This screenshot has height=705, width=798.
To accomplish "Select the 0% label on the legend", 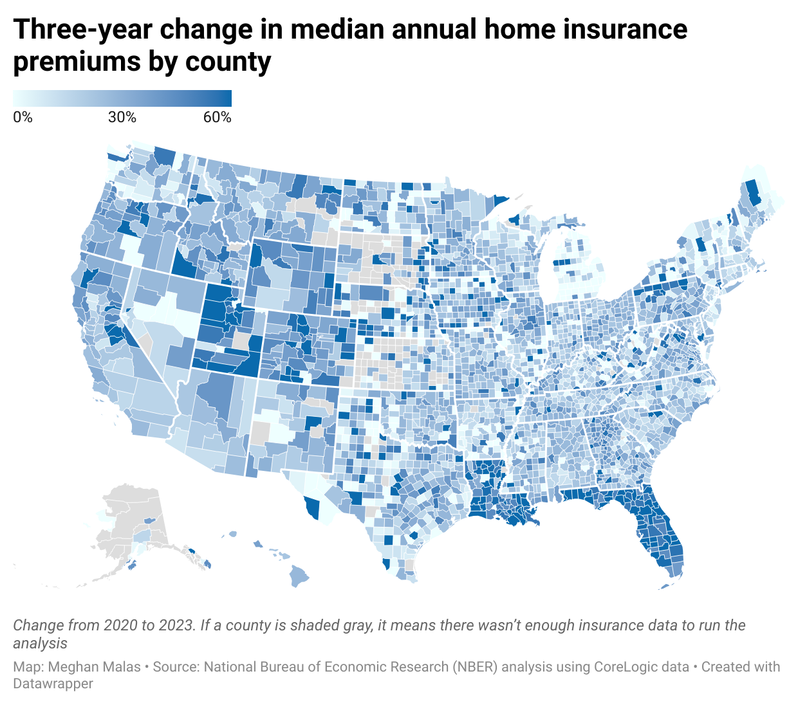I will coord(23,117).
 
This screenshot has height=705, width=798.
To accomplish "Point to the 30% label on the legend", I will coord(122,117).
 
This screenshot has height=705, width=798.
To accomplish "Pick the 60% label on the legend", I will coord(218,117).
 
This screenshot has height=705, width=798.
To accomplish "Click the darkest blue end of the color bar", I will coord(227,98).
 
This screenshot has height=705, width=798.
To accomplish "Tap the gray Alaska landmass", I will coord(129,515).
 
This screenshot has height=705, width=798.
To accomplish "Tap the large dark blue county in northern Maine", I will coord(751,193).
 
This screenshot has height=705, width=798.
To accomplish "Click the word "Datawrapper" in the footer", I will coord(53,684).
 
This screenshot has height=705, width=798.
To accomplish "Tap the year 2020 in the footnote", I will coord(120,625).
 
